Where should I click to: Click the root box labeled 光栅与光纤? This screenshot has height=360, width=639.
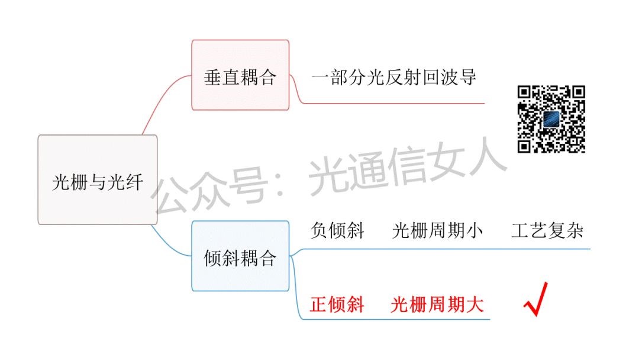(98, 179)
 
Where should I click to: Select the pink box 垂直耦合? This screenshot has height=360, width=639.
(240, 75)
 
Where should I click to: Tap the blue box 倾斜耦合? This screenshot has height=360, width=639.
(240, 256)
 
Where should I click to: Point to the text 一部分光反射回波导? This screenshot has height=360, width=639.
(393, 78)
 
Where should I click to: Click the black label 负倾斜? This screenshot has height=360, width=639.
(337, 230)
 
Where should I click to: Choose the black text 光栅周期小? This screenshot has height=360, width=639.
(437, 230)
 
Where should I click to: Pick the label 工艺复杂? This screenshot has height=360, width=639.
(547, 230)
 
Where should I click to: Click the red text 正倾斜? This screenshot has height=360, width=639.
(337, 304)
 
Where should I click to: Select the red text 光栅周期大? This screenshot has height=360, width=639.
(437, 304)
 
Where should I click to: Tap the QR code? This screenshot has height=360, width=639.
(551, 119)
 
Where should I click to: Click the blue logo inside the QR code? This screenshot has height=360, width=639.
(551, 119)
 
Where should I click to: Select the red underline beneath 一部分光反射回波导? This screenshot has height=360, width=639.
(393, 103)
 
